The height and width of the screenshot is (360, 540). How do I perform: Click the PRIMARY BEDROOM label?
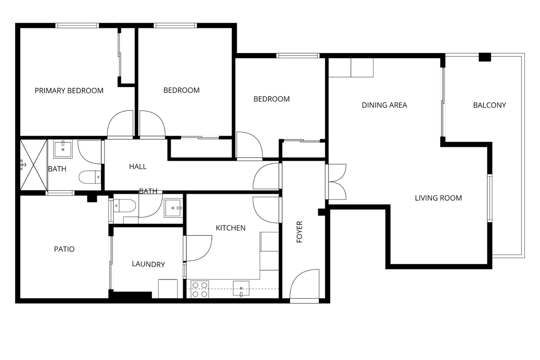[69, 91]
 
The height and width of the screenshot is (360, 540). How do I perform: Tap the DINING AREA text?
[384, 105]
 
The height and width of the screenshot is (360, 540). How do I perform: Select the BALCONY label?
[489, 105]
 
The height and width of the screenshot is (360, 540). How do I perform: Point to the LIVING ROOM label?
[438, 198]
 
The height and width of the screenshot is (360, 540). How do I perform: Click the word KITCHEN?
[231, 228]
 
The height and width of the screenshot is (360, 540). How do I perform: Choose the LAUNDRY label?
[148, 264]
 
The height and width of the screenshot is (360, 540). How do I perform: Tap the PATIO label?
[64, 249]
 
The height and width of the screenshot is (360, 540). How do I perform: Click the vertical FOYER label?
[299, 232]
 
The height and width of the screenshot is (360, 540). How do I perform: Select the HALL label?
[138, 166]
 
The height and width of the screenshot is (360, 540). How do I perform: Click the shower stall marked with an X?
[33, 165]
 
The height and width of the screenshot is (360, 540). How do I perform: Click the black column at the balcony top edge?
[485, 57]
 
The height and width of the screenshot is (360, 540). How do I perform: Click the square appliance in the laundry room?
[168, 289]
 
